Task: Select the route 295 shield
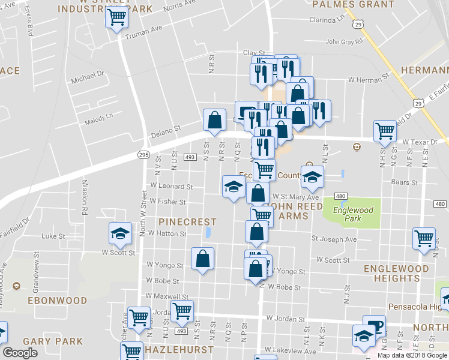coord(143,155)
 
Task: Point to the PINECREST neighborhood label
coord(187,222)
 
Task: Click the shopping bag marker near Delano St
coord(214,120)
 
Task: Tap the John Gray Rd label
coord(344,42)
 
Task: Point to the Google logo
coord(20,353)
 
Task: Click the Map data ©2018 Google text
coord(412,355)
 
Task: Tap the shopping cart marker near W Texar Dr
coord(385,131)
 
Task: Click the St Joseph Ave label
coord(334,239)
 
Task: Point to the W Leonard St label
coord(172,187)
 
